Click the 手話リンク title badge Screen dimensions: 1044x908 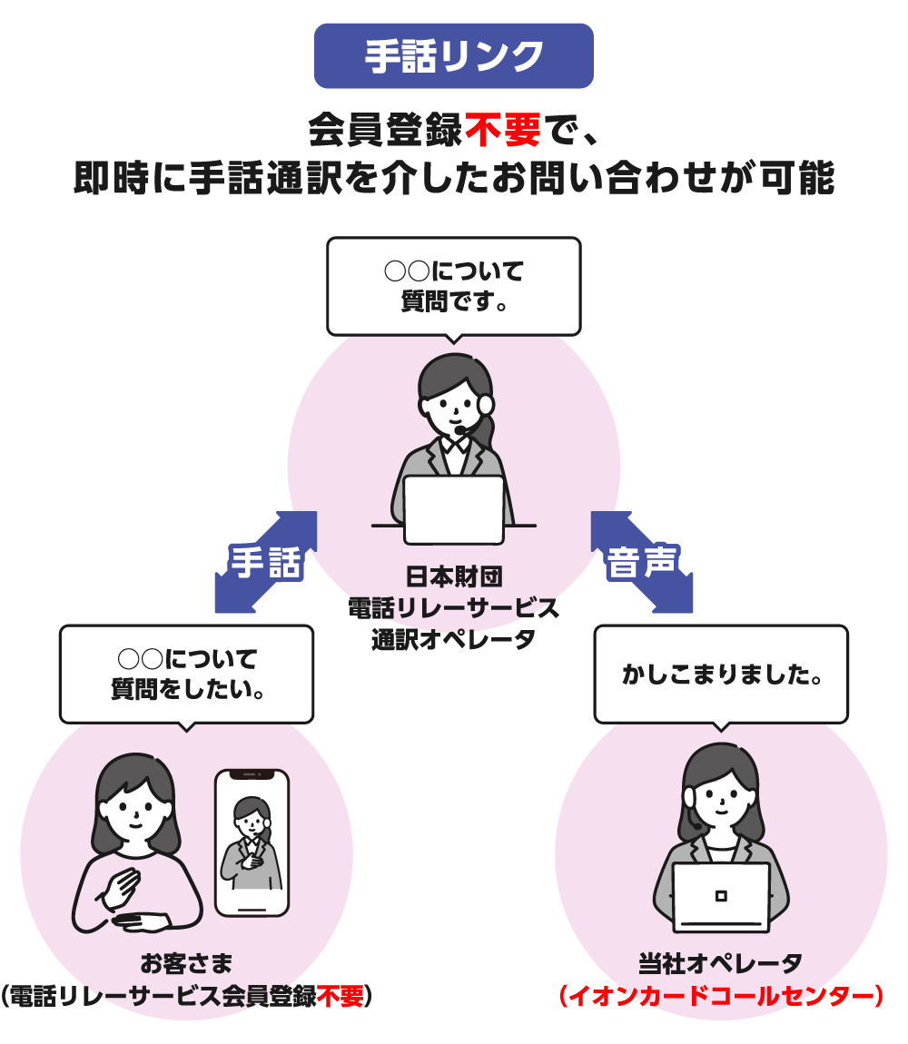tap(453, 56)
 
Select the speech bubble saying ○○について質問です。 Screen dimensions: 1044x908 tap(453, 285)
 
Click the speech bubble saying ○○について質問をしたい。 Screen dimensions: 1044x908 tap(186, 673)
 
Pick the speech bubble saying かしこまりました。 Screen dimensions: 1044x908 tap(721, 674)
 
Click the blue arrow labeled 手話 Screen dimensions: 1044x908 tap(265, 562)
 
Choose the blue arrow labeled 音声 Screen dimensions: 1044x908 tap(642, 562)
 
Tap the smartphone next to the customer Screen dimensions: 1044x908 tap(252, 842)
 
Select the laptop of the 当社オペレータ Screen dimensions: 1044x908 tap(721, 897)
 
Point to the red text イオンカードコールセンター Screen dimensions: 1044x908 tap(721, 996)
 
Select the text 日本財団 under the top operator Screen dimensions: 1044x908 tap(453, 576)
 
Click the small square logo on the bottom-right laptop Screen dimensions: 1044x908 tap(721, 895)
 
